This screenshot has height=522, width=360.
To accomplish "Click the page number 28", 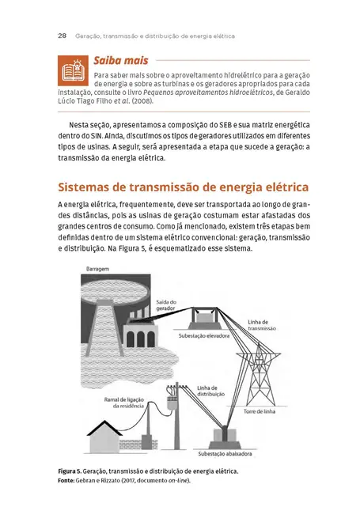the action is [x=62, y=36].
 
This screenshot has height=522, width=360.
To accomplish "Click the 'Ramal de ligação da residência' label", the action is [x=128, y=403].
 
